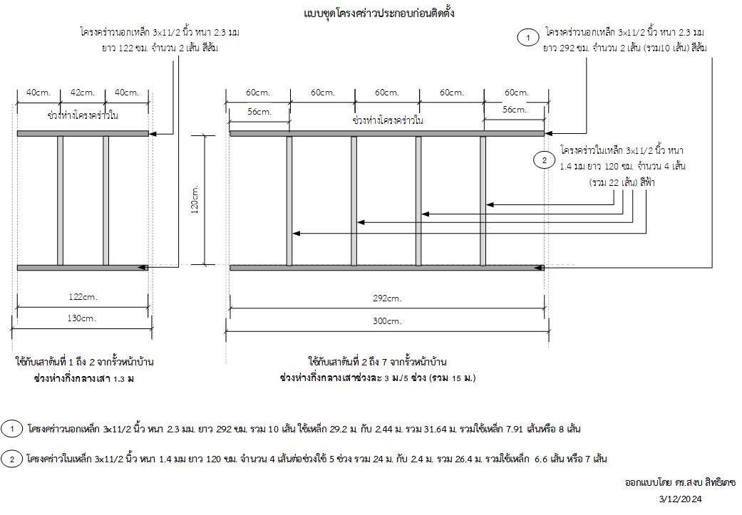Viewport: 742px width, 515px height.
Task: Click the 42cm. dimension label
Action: pyautogui.click(x=82, y=93)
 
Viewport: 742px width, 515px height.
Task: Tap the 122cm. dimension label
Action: pyautogui.click(x=83, y=296)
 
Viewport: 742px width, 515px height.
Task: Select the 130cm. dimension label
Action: pyautogui.click(x=83, y=318)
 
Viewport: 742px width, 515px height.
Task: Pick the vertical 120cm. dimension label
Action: pyautogui.click(x=195, y=200)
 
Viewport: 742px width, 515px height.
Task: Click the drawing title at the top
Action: pyautogui.click(x=378, y=14)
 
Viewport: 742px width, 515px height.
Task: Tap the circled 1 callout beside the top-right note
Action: pyautogui.click(x=528, y=38)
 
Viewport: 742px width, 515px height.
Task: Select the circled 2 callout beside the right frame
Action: pyautogui.click(x=544, y=160)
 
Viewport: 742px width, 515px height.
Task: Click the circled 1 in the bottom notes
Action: pyautogui.click(x=12, y=429)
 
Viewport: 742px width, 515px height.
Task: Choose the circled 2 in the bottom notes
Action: pyautogui.click(x=12, y=459)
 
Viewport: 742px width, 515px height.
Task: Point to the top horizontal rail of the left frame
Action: pyautogui.click(x=83, y=133)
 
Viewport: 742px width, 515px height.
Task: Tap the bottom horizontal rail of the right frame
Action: pyautogui.click(x=387, y=268)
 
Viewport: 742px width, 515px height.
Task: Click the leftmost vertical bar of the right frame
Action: pyautogui.click(x=289, y=200)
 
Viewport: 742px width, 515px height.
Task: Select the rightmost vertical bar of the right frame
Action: pyautogui.click(x=483, y=200)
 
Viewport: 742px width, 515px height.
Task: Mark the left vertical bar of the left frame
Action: pyautogui.click(x=60, y=200)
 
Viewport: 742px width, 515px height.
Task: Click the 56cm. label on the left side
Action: pyautogui.click(x=259, y=111)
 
